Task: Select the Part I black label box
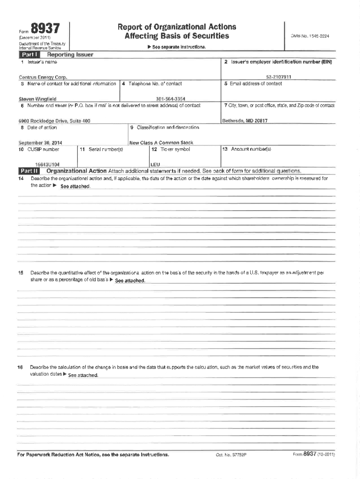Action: click(28, 55)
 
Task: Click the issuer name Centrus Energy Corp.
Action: click(43, 77)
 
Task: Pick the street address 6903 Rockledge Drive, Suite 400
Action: click(54, 121)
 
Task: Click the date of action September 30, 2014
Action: click(40, 143)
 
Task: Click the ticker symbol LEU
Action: click(155, 164)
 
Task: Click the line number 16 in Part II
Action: click(21, 367)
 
